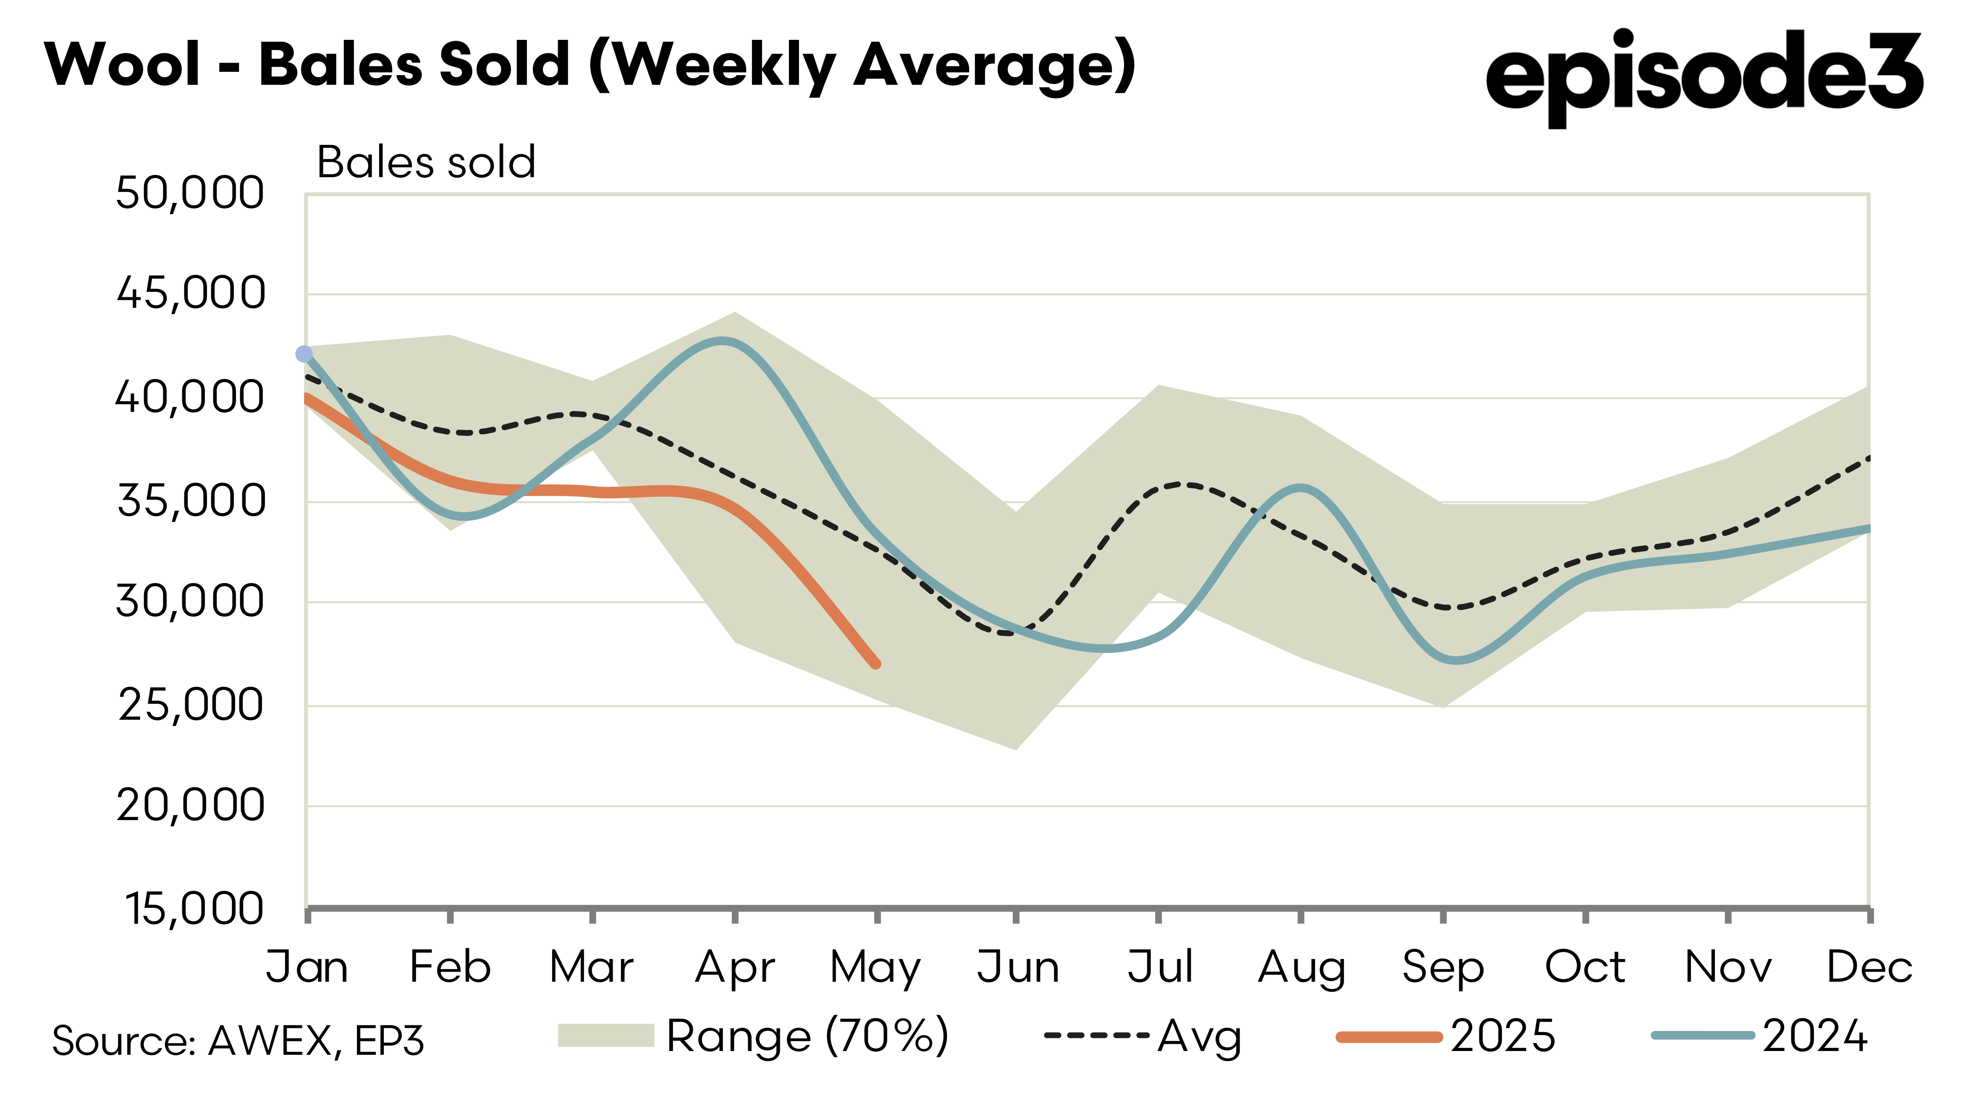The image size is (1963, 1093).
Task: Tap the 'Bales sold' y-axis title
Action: point(426,163)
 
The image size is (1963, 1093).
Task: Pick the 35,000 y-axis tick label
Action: point(191,501)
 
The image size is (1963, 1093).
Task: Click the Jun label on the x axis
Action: point(1017,967)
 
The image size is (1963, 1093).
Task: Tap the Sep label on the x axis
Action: point(1442,967)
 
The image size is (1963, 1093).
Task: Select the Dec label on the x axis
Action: point(1869,967)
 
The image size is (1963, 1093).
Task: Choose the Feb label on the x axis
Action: point(450,967)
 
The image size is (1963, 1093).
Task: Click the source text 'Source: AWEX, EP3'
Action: point(238,1041)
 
